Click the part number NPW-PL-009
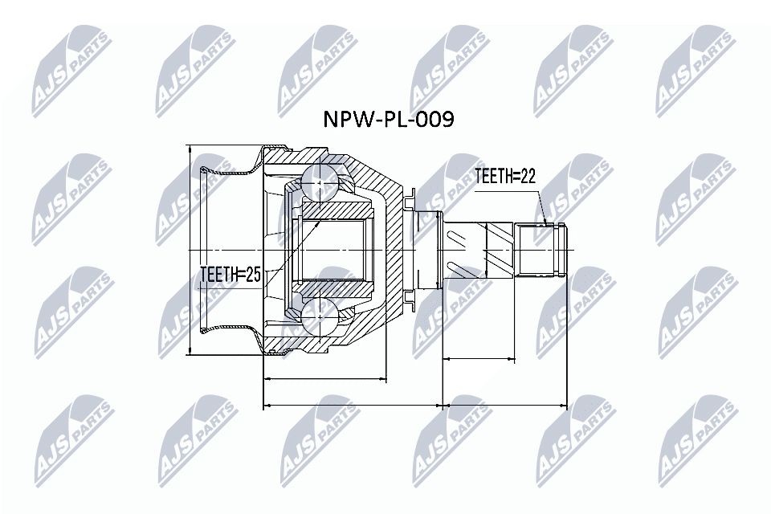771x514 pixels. (388, 120)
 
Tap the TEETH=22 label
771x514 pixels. (505, 177)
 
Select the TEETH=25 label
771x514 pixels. (230, 275)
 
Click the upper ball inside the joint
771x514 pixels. (321, 183)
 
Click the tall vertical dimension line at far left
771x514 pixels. (187, 249)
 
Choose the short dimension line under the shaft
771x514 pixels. (479, 359)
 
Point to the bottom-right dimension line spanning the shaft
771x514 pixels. (506, 406)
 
